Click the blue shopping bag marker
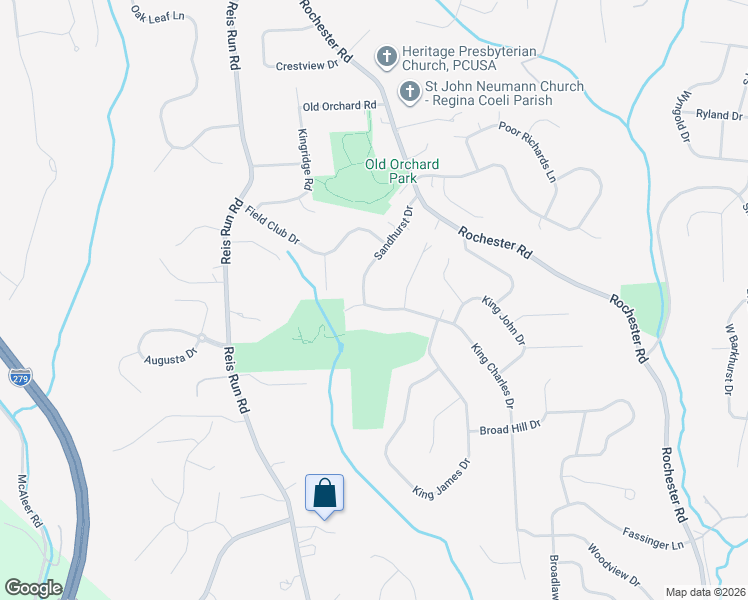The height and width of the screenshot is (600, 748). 324,494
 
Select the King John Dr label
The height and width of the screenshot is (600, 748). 504,319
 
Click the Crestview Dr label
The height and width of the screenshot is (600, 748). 307,66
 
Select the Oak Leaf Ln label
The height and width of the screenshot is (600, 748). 159,15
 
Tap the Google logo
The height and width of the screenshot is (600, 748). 33,588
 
